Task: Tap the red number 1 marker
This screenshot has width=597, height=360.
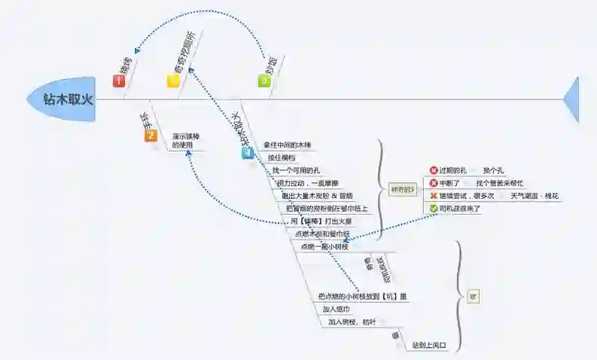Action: (x=119, y=81)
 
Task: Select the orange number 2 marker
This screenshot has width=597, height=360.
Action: (x=151, y=136)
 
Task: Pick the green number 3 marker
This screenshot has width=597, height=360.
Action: (x=263, y=81)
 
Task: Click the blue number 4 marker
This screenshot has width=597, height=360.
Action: (x=248, y=153)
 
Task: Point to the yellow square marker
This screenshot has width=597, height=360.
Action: (x=173, y=81)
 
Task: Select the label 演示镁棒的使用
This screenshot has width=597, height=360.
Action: (x=184, y=141)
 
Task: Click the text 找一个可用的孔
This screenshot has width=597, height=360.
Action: (x=297, y=171)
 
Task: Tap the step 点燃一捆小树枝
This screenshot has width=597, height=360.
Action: (x=324, y=246)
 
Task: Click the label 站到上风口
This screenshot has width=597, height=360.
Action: (x=429, y=346)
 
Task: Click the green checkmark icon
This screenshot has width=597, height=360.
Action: (x=434, y=208)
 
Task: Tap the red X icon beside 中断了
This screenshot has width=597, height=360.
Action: (x=434, y=183)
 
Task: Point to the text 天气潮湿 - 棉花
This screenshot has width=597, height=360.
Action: (x=535, y=196)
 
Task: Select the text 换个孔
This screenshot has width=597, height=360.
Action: (x=493, y=170)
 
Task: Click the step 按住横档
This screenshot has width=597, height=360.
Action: (x=282, y=158)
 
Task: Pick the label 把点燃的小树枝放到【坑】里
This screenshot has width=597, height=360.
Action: (x=362, y=296)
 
